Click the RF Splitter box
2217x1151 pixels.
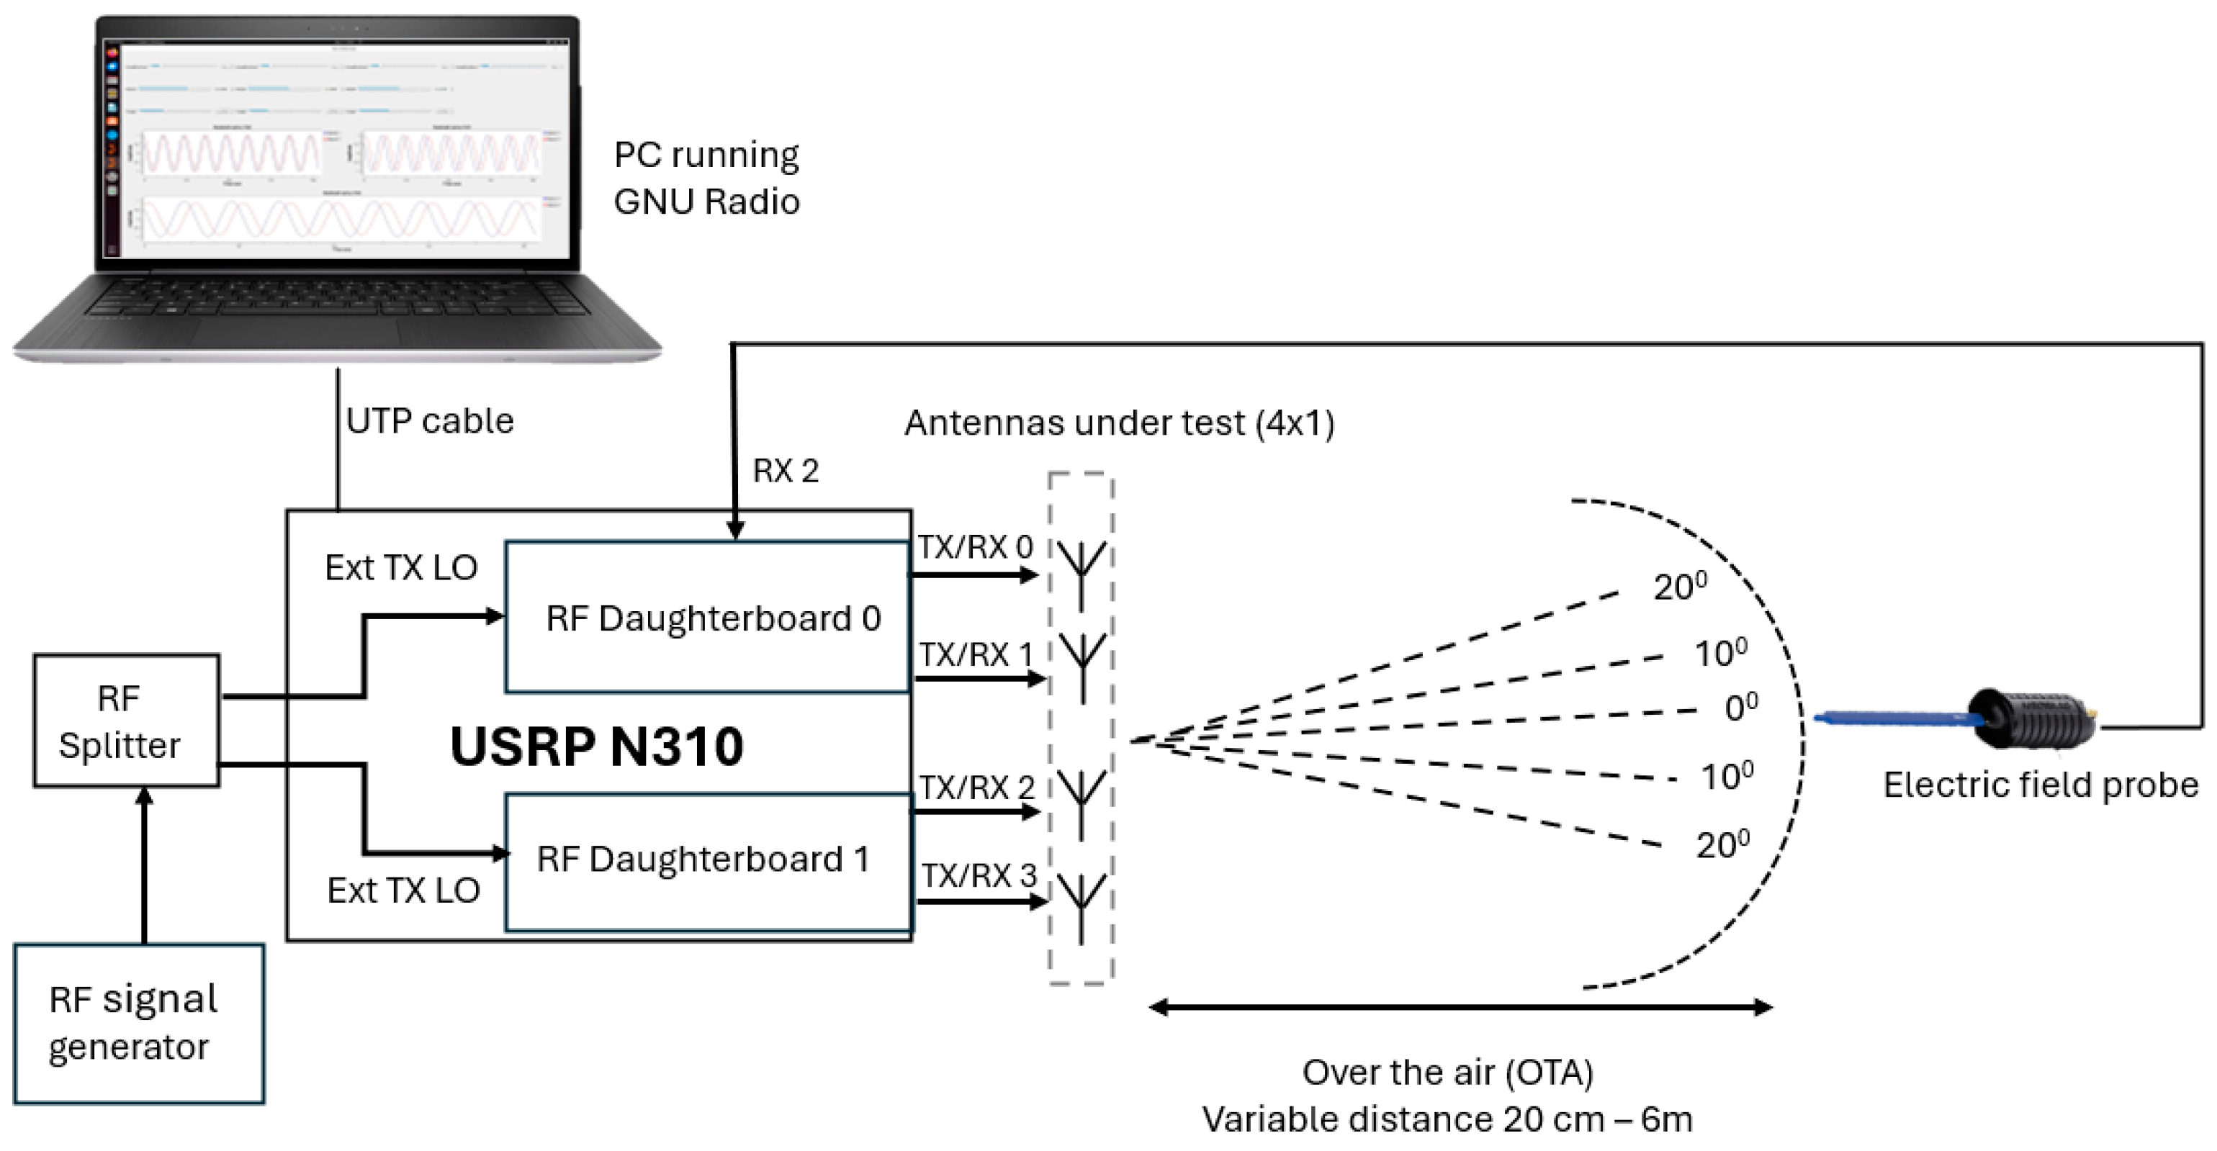126,721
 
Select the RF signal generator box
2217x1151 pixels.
138,1024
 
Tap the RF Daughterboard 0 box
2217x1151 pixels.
709,618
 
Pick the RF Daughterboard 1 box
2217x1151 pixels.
709,860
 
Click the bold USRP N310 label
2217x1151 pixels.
596,746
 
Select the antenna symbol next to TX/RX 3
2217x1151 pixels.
1081,903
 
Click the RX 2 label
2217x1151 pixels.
785,471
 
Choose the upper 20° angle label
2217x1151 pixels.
1679,587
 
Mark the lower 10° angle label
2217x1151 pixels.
1727,776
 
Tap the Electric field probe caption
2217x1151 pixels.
2040,785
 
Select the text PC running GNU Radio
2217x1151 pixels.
706,178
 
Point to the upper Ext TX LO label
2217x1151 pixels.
401,568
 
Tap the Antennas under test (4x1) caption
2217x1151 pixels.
1119,423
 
